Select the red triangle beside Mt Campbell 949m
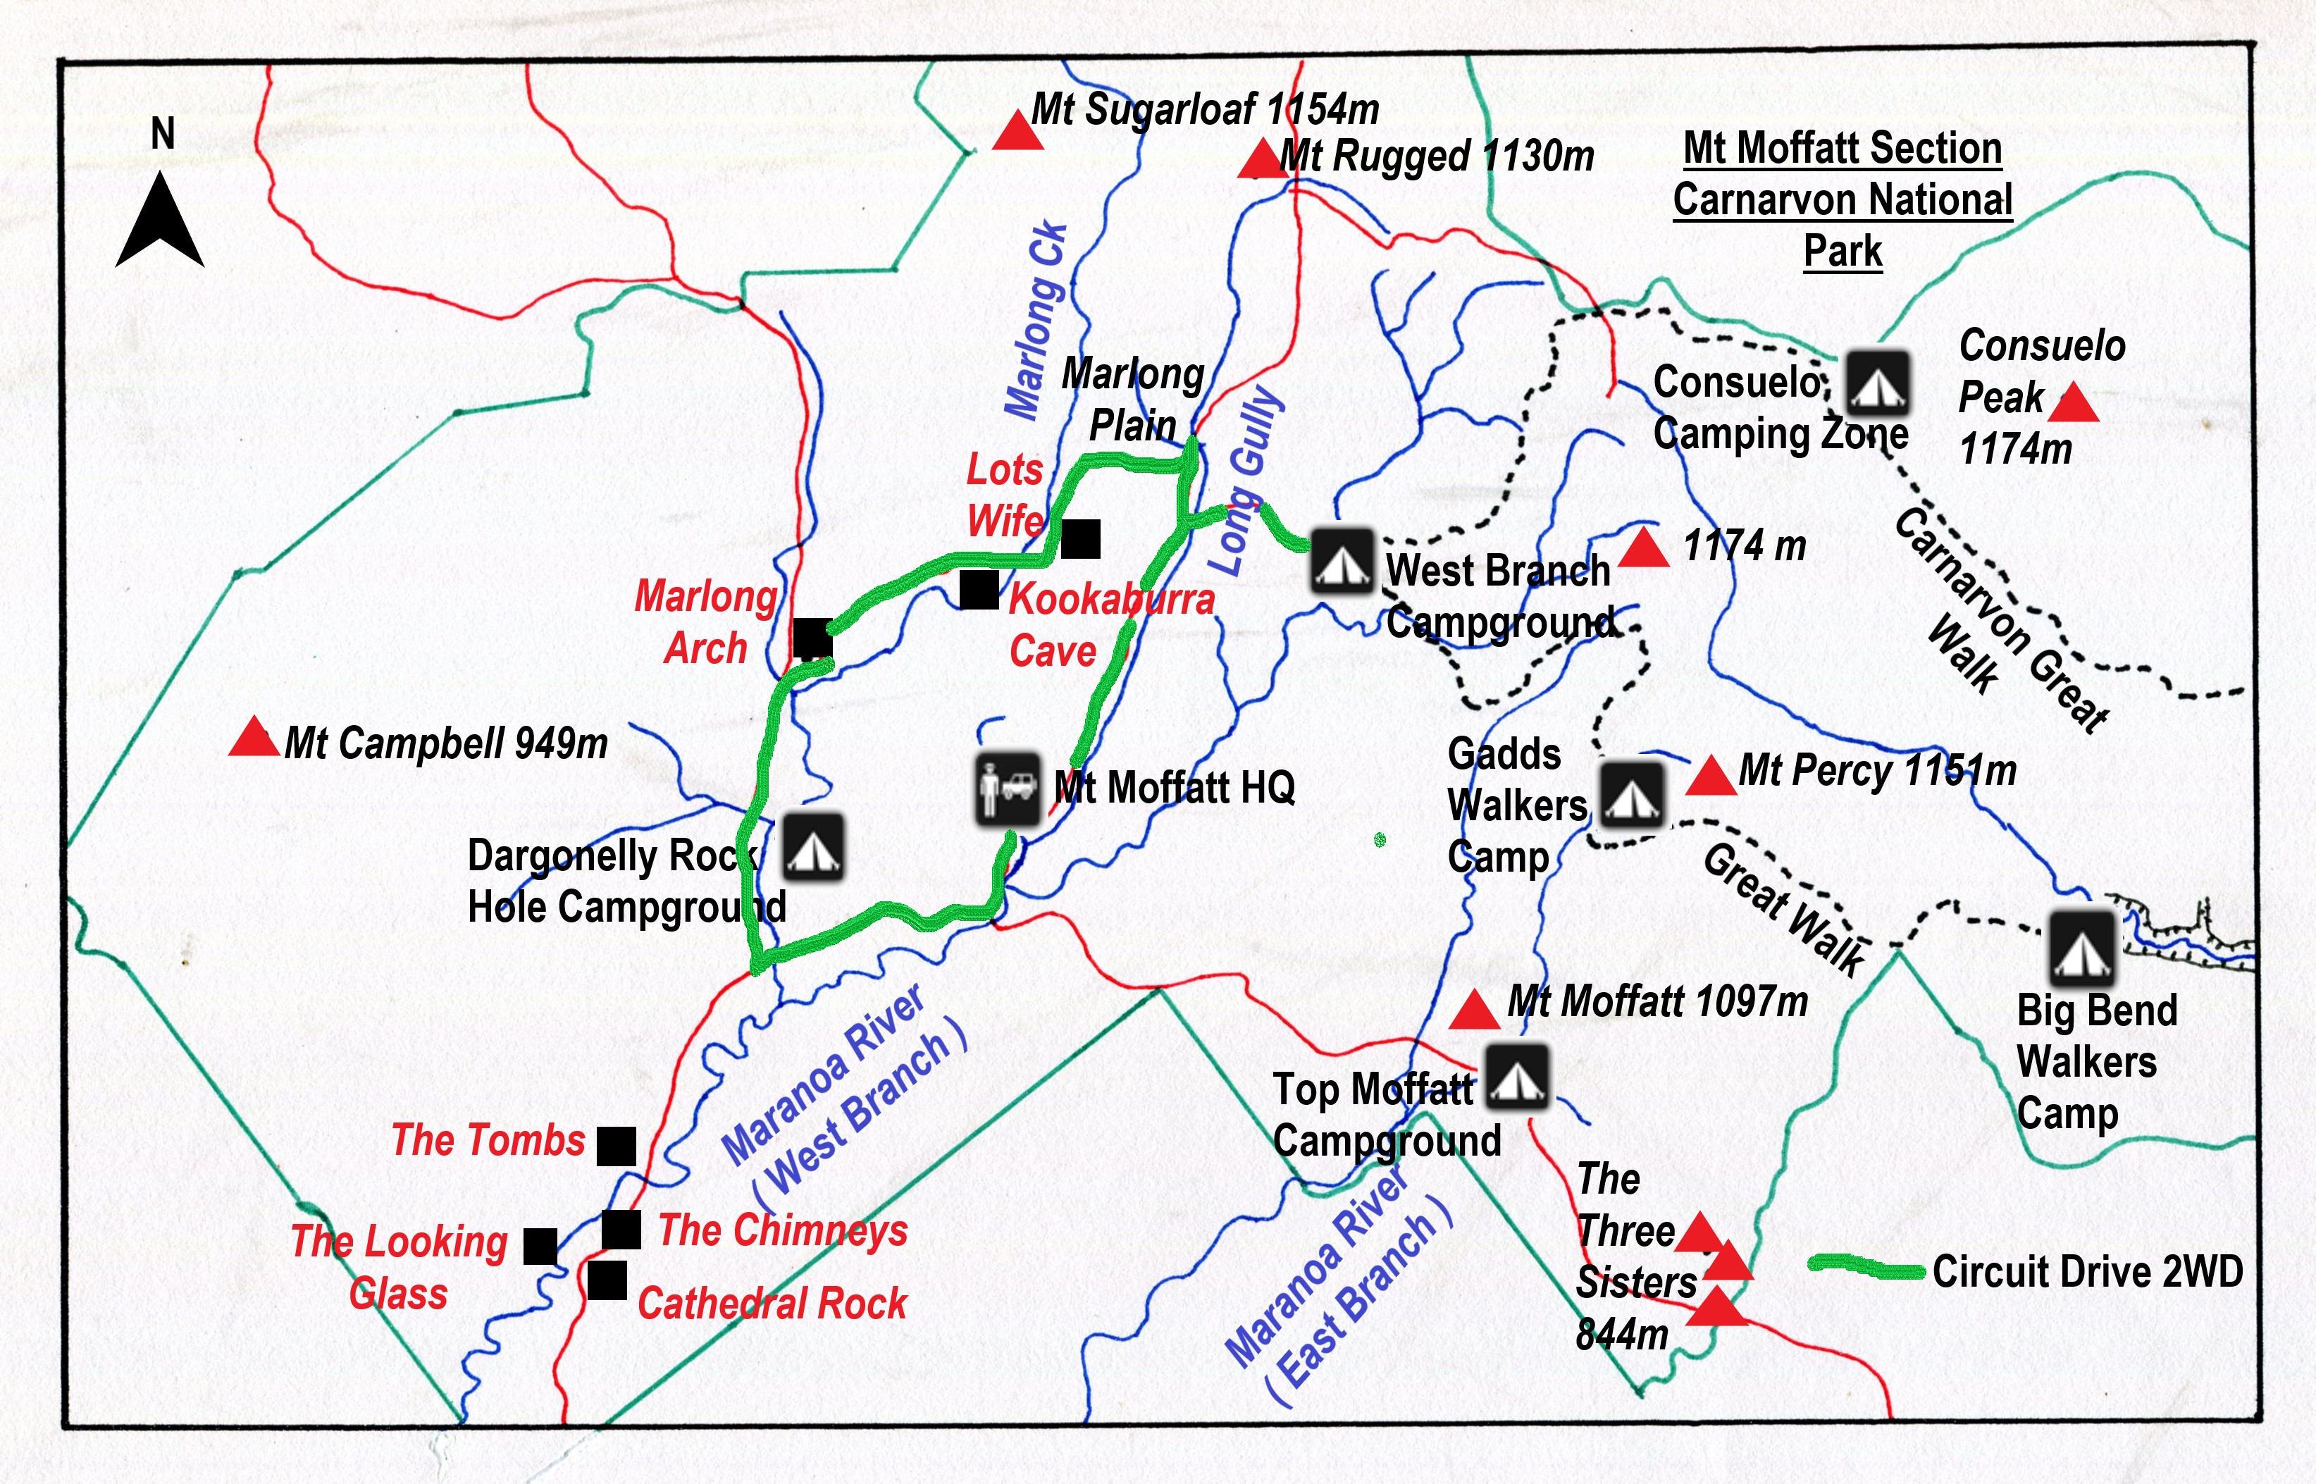[254, 738]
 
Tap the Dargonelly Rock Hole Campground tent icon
[813, 848]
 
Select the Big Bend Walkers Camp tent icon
[2083, 944]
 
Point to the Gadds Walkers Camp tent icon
[1631, 794]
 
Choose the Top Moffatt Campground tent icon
[1516, 1077]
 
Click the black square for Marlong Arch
[812, 638]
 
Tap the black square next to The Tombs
[617, 1146]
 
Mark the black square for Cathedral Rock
[607, 1280]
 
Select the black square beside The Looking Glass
[540, 1246]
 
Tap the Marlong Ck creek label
[1036, 321]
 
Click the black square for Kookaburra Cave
[979, 590]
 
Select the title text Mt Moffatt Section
[1842, 149]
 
